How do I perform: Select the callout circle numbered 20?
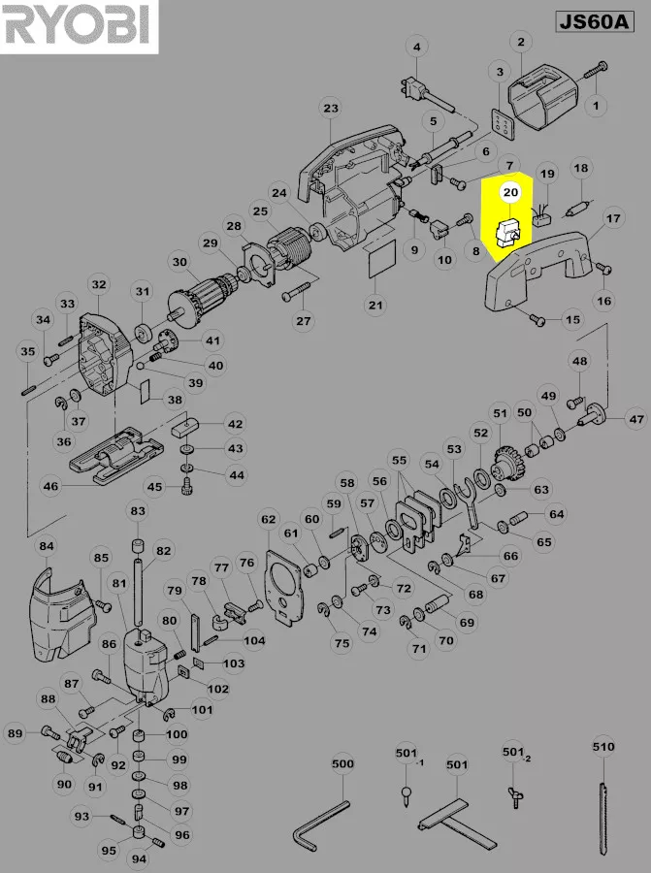[510, 192]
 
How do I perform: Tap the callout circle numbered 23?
[331, 108]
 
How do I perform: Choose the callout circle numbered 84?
[46, 547]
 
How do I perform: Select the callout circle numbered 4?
[417, 48]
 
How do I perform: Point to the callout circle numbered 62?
[269, 520]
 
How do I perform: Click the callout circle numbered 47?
[635, 420]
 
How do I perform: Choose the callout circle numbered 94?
[139, 858]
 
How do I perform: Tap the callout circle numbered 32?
[98, 284]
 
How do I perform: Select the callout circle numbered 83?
[137, 511]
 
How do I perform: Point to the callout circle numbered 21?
[375, 305]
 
